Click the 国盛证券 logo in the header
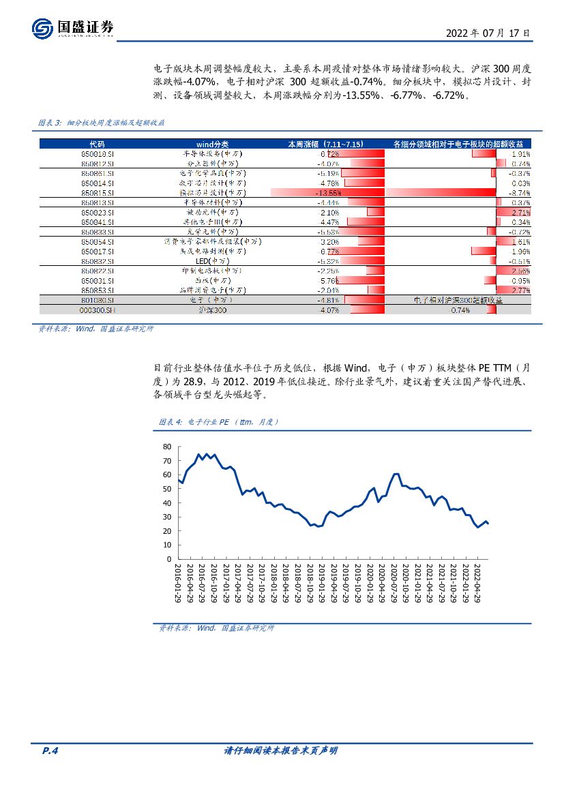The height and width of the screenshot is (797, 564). pos(72,28)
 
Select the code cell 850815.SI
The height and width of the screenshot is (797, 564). pos(93,193)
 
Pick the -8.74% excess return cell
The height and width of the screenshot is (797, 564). pos(520,193)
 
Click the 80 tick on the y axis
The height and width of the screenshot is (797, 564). pos(167,447)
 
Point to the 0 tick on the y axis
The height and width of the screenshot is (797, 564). pos(170,559)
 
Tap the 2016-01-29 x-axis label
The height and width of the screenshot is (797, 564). pos(178,584)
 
